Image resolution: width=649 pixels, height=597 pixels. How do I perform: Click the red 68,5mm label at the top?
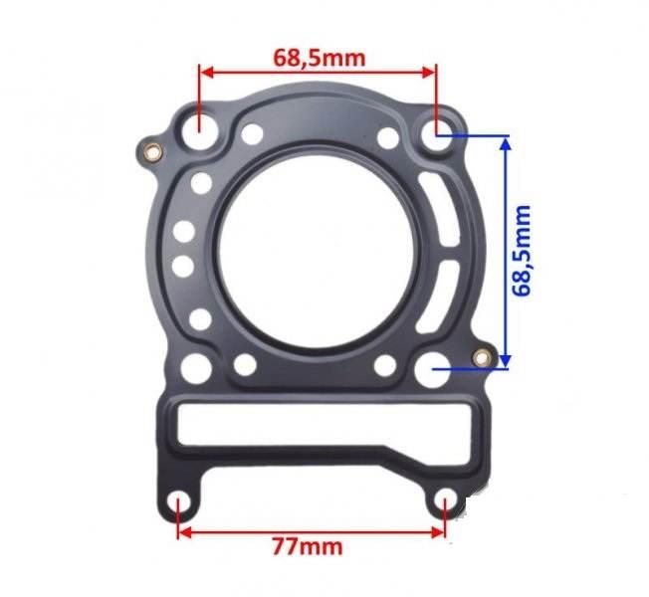pos(320,59)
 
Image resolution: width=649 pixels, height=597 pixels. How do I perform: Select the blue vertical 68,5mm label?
pos(522,251)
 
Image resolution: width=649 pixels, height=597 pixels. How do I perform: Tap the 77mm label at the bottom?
pos(308,547)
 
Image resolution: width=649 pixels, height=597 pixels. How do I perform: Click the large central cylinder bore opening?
pos(317,253)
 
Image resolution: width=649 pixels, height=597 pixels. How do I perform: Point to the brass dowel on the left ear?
pos(152,152)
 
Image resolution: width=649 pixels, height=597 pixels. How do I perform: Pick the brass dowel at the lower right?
pos(482,357)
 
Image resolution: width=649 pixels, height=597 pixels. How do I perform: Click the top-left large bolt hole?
pos(199,132)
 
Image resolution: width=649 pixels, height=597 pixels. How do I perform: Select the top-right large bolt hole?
pos(437,132)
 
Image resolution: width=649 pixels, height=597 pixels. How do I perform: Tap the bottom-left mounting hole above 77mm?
pos(179,501)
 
